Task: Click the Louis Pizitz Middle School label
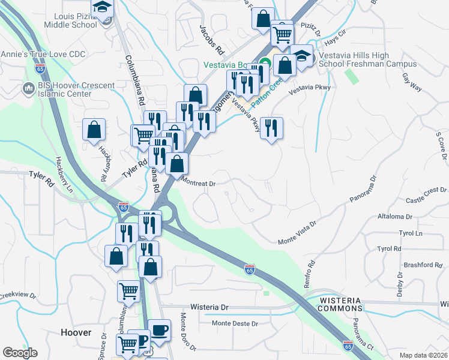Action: (x=70, y=20)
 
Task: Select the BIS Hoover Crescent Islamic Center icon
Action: (x=28, y=89)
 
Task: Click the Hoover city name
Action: (x=76, y=332)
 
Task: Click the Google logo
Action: (x=20, y=353)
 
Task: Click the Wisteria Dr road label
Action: (x=209, y=307)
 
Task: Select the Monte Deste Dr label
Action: (x=235, y=323)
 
